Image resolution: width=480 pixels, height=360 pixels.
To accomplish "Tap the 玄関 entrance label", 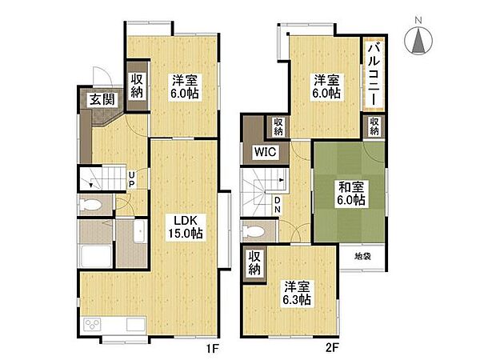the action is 102,100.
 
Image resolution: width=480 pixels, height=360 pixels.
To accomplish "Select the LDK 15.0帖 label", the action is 186,226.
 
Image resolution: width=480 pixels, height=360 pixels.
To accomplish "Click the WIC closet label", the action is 265,152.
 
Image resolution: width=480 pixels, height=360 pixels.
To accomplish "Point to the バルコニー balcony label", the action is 374,74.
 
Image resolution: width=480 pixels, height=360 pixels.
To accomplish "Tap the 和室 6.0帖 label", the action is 351,193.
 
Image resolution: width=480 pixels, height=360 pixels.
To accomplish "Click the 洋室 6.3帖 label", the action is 297,293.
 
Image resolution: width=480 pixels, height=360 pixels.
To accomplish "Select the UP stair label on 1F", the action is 131,179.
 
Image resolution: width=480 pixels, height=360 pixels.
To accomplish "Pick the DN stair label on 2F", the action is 277,205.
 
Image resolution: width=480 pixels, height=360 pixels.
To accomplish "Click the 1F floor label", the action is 213,348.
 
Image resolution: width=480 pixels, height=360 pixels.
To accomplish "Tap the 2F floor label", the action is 332,348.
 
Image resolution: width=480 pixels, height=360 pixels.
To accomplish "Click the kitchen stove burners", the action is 93,324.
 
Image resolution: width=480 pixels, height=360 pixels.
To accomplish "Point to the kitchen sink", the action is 136,324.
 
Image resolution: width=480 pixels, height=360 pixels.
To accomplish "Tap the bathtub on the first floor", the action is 95,256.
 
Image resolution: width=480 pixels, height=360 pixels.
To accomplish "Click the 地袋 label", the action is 362,256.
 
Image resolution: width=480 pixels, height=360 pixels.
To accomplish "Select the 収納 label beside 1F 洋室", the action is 137,86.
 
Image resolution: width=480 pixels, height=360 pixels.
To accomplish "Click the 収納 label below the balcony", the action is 374,126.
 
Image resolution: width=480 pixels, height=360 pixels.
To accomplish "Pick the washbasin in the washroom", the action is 139,231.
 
